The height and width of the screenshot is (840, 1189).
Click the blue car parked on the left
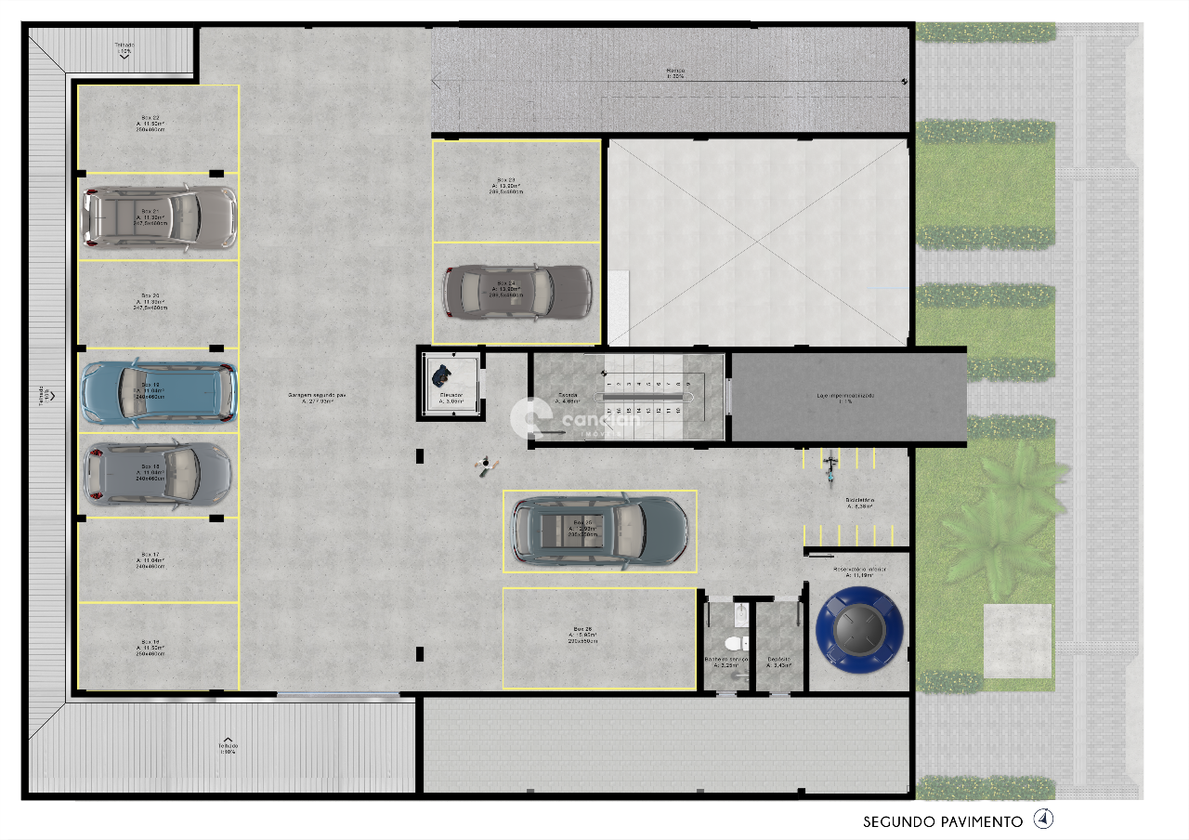[x=158, y=391]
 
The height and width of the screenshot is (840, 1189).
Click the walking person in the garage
[x=485, y=465]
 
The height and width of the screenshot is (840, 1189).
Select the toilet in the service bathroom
[x=732, y=643]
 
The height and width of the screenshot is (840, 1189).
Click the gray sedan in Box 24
[x=516, y=292]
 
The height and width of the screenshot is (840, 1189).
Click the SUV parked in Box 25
[x=600, y=531]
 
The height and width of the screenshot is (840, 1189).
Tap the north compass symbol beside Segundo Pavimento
[x=1045, y=820]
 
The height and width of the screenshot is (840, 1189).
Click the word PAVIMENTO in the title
[x=978, y=821]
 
